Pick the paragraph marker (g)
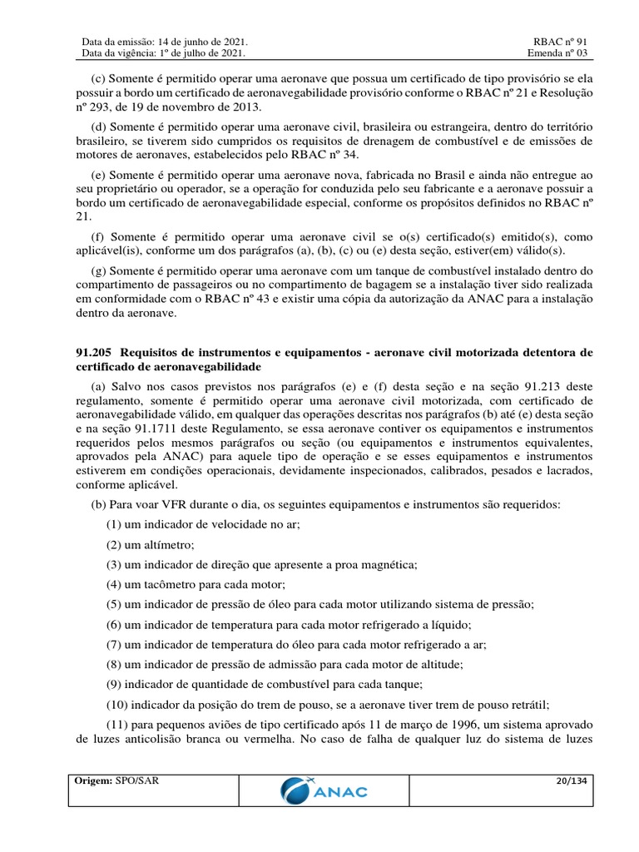click(x=97, y=272)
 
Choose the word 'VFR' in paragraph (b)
click(x=160, y=505)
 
